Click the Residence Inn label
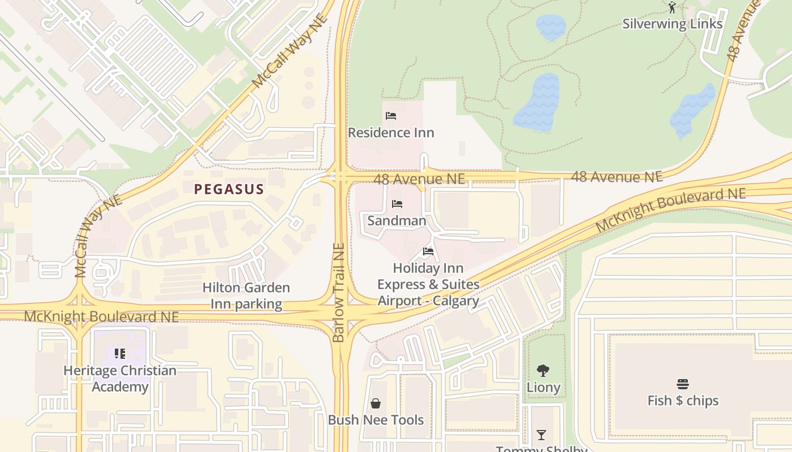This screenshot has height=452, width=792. [391, 133]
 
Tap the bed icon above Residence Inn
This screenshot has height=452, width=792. [391, 116]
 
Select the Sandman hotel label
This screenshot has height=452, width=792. [397, 220]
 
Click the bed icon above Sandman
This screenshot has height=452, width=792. [397, 204]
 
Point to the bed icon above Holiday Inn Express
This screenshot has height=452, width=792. [428, 251]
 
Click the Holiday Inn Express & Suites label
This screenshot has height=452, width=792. [428, 284]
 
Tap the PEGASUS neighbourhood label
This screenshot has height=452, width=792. [229, 189]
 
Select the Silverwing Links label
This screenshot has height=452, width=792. [672, 24]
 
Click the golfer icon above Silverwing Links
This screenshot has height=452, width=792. [672, 7]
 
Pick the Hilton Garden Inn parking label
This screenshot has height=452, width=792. [246, 295]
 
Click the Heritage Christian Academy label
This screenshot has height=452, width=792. [120, 379]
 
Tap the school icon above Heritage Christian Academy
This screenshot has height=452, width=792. [120, 354]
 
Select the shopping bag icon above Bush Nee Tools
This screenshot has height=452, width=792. [376, 403]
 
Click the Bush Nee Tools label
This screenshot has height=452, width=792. [376, 420]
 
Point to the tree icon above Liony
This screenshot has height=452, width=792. [543, 371]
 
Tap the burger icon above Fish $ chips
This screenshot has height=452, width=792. [683, 384]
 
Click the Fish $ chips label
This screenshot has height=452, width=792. [683, 401]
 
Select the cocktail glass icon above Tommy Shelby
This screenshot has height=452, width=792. [541, 435]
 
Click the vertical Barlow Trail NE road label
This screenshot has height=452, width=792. [339, 293]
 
